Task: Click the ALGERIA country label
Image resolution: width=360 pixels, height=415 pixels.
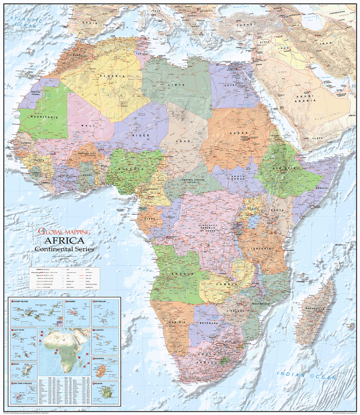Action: [116, 76]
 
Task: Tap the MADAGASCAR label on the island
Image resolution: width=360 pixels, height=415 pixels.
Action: [315, 309]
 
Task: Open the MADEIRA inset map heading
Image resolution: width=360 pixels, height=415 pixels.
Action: [70, 301]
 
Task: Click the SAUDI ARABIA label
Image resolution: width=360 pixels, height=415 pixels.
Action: [303, 98]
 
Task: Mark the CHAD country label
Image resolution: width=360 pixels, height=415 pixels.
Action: [183, 140]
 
